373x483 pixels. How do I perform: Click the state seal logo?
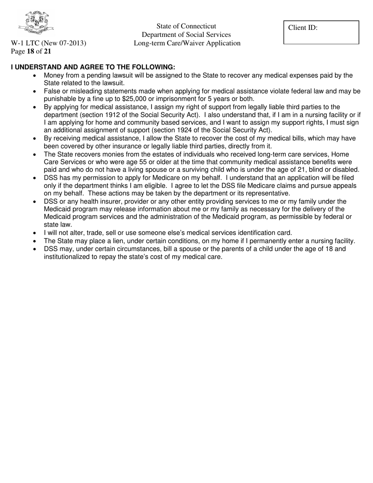click(36, 23)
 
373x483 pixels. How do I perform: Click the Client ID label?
click(303, 28)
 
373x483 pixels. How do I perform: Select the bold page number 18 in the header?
click(30, 51)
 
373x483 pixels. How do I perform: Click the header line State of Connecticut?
click(186, 26)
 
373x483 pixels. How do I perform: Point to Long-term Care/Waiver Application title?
click(187, 43)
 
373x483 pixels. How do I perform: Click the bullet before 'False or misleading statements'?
click(36, 91)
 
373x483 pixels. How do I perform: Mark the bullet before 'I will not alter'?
click(36, 233)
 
